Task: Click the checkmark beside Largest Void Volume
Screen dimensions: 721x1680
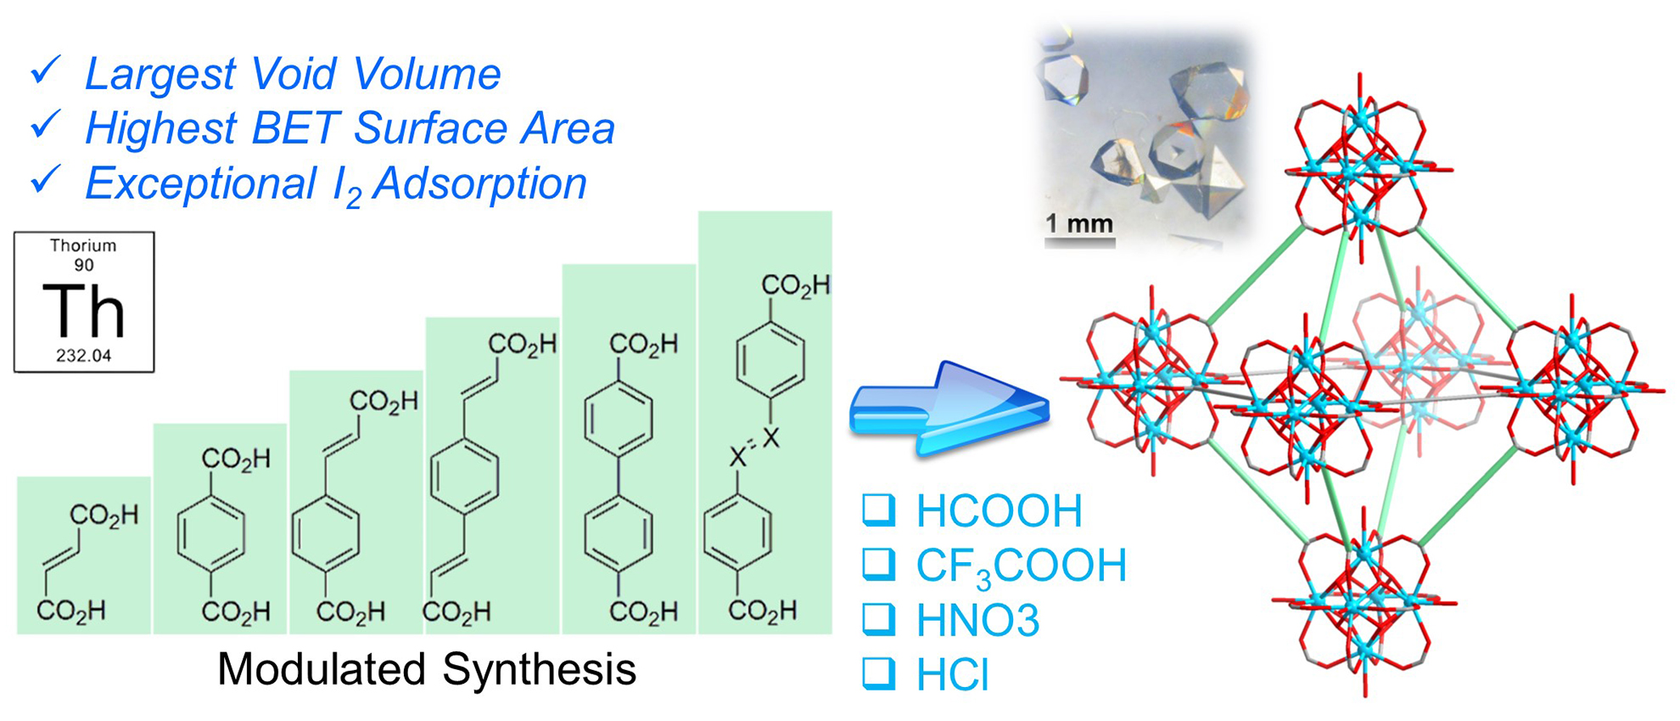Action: click(x=45, y=70)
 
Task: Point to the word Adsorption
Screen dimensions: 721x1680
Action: click(x=479, y=183)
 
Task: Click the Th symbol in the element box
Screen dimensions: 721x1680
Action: click(x=84, y=311)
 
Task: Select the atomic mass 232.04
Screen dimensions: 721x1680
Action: click(x=83, y=356)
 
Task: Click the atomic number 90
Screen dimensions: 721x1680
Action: click(x=83, y=265)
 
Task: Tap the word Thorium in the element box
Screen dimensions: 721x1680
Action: click(x=83, y=245)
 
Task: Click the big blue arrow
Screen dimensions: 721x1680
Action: click(x=949, y=410)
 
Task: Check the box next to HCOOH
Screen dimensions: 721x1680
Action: click(x=878, y=509)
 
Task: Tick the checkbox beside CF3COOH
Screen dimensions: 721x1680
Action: click(x=878, y=564)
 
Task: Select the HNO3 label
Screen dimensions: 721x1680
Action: click(x=977, y=620)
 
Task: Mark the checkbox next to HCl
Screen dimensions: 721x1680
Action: click(x=878, y=673)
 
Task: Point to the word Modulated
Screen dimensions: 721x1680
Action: click(x=322, y=669)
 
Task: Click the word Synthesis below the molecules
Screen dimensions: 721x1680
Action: click(x=539, y=669)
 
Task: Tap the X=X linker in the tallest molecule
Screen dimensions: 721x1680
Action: click(x=753, y=448)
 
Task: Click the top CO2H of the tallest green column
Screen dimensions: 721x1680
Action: click(x=795, y=286)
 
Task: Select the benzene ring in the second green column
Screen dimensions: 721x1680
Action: click(x=211, y=534)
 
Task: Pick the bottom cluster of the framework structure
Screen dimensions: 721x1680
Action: click(x=1364, y=603)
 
